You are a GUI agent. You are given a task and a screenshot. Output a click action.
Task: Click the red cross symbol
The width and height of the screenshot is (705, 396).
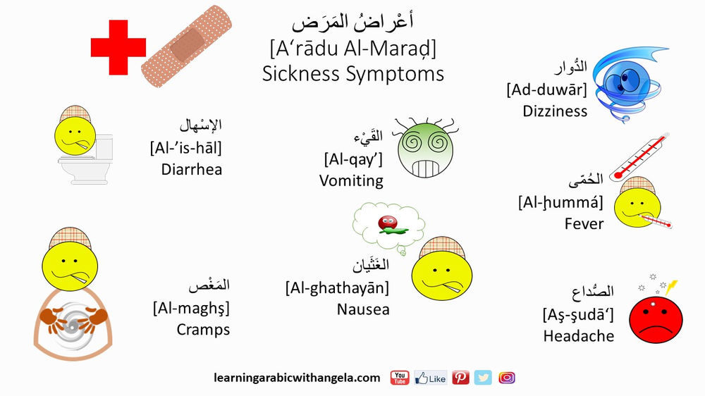coord(118,47)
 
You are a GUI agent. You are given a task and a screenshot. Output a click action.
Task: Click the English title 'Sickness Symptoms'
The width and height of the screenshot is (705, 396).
coord(353,73)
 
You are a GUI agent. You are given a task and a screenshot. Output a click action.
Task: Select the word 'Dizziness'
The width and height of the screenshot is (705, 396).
coord(555,111)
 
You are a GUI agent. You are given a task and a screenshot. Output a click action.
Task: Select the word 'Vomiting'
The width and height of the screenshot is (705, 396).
coord(351,180)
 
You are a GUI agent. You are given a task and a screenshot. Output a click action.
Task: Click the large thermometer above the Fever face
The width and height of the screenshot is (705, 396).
coord(639,156)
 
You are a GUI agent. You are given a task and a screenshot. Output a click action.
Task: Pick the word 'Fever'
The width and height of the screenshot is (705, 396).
coord(584,223)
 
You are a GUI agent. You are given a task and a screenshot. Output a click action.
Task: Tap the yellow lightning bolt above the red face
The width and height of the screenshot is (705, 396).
coord(672,287)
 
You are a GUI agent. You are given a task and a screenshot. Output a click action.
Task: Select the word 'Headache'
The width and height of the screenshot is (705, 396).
coord(578,336)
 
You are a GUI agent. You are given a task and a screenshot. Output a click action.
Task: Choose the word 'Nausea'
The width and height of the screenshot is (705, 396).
coord(363,309)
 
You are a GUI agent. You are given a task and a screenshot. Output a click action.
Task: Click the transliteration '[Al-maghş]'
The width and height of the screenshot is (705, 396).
coord(191,308)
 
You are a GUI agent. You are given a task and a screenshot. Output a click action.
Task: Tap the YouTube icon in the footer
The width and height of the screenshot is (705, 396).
coord(400,378)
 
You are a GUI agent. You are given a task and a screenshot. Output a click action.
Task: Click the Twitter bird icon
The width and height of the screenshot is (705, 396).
coord(483,378)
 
